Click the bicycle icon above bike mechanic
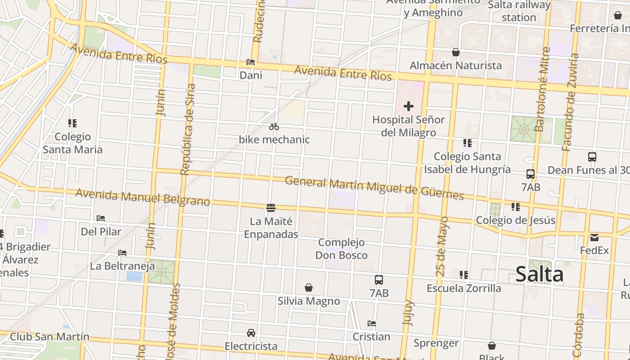(274, 127)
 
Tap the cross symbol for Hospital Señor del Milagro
(409, 107)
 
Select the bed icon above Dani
(251, 62)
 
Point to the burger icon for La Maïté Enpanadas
(271, 208)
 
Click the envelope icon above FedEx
(594, 238)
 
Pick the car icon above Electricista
(251, 333)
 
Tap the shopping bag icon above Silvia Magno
(309, 288)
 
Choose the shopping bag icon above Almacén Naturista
(456, 53)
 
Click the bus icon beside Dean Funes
(592, 157)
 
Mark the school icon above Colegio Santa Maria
(72, 123)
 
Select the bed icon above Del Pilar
(101, 218)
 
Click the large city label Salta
(539, 274)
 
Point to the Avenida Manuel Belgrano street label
(143, 198)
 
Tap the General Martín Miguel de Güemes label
(374, 188)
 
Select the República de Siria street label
(188, 129)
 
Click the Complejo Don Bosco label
(341, 249)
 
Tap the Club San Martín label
(49, 337)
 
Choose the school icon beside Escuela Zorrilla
(464, 275)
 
